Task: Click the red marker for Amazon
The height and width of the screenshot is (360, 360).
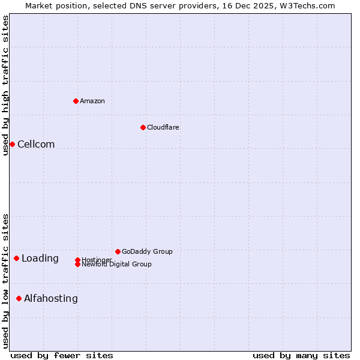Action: (76, 101)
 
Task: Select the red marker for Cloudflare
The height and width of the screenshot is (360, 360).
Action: (143, 127)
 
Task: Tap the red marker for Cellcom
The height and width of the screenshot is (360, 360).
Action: (12, 144)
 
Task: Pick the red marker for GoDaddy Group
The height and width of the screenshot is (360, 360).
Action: (118, 251)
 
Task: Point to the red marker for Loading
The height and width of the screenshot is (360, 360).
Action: (16, 258)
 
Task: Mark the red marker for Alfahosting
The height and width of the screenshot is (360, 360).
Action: (19, 298)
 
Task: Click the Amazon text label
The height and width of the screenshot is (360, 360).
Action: (92, 101)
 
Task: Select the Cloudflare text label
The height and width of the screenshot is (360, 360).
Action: (163, 127)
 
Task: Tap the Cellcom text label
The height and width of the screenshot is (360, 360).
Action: (36, 144)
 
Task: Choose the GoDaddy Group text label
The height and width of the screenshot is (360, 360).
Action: (147, 251)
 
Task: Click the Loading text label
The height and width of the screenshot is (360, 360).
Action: (40, 259)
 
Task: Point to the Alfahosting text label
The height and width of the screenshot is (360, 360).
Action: (51, 298)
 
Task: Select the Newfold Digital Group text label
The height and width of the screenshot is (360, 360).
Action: (117, 265)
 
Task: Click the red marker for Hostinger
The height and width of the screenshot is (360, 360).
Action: (77, 260)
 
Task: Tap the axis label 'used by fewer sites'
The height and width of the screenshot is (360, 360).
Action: (62, 355)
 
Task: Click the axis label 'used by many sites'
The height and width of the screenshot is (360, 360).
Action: (301, 355)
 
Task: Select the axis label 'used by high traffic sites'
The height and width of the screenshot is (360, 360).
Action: (5, 85)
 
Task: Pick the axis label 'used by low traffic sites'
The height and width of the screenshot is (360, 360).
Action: (5, 281)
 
